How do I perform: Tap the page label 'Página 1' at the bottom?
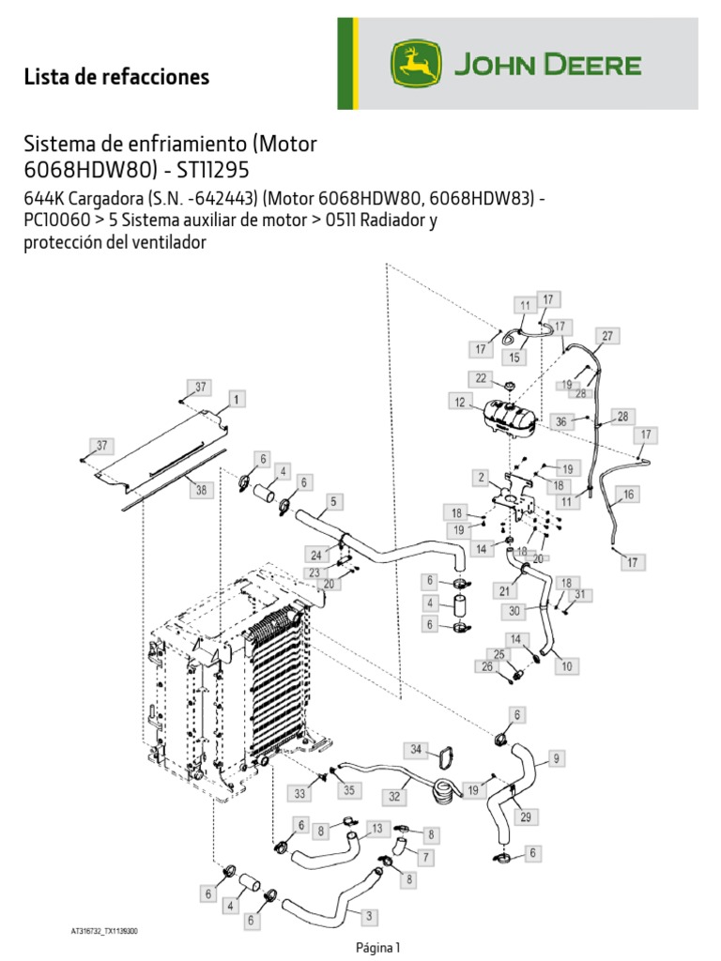pyautogui.click(x=378, y=947)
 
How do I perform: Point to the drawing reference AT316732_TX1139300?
pyautogui.click(x=105, y=932)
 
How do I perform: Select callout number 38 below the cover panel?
pyautogui.click(x=199, y=489)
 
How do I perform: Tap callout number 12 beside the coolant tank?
pyautogui.click(x=460, y=402)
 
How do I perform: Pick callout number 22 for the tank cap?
pyautogui.click(x=481, y=378)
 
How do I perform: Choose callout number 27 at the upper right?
pyautogui.click(x=607, y=336)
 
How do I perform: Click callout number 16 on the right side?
pyautogui.click(x=628, y=494)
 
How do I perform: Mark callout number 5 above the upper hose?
pyautogui.click(x=332, y=501)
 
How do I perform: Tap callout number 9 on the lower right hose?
pyautogui.click(x=556, y=757)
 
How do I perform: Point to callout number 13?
pyautogui.click(x=376, y=828)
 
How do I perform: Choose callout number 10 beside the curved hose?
pyautogui.click(x=567, y=666)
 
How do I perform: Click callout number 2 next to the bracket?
pyautogui.click(x=480, y=478)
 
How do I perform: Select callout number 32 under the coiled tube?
pyautogui.click(x=394, y=795)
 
